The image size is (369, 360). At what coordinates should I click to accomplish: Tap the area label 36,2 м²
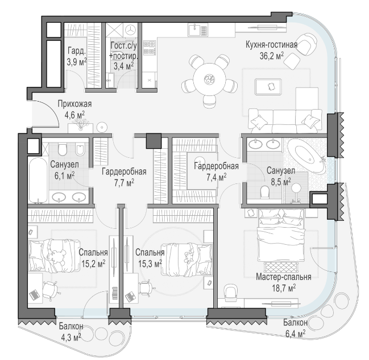pos(272,56)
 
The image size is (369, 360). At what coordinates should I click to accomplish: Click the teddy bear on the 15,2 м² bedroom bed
pos(56,256)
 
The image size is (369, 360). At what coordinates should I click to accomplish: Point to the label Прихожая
pos(75,104)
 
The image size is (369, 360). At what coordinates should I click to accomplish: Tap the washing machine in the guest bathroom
pos(130,30)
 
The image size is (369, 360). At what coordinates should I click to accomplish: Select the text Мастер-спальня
pos(284,277)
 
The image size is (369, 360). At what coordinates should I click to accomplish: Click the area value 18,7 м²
pos(284,288)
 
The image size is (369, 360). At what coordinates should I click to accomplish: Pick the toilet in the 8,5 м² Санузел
pos(265,191)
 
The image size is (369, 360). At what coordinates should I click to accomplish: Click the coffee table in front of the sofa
pos(268,87)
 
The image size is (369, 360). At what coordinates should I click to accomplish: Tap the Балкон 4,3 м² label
pos(71,332)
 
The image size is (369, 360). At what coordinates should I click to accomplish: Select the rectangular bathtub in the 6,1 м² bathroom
pos(38,180)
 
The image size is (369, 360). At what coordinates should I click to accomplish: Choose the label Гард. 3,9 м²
pos(77,56)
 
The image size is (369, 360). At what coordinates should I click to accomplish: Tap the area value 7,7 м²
pos(125,182)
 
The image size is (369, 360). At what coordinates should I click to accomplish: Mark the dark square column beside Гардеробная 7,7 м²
pos(154,141)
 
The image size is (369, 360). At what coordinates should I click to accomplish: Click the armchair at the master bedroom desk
pos(230,292)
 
